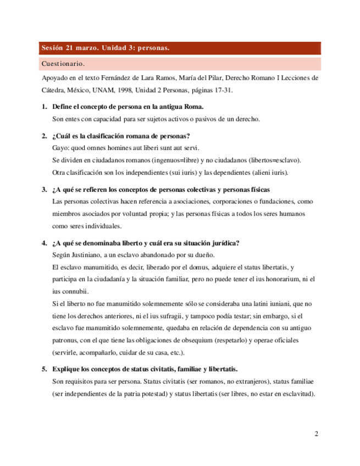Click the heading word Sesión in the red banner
point(52,48)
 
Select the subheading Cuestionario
point(63,64)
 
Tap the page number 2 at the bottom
point(317,434)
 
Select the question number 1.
point(44,107)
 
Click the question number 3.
point(44,190)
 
